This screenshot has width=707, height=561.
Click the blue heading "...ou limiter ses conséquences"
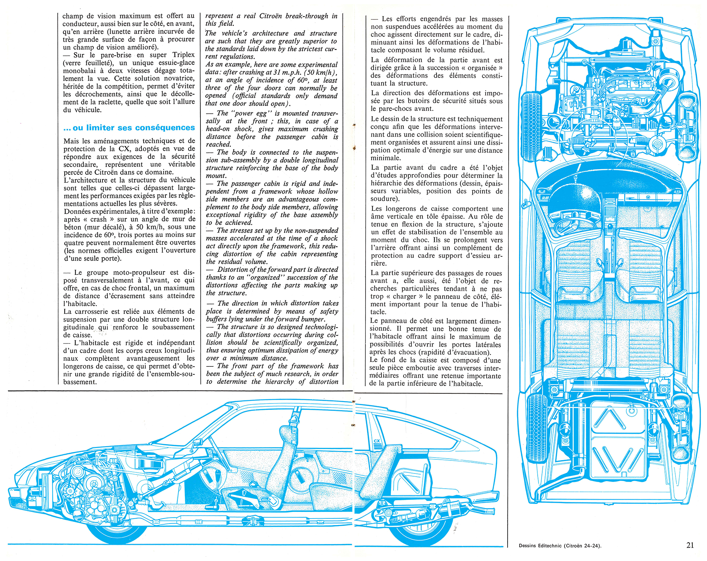[x=129, y=128]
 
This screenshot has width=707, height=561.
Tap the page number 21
[x=690, y=545]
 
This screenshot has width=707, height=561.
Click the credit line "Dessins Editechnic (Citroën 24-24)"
[x=560, y=546]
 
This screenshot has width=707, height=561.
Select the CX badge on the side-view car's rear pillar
[x=376, y=441]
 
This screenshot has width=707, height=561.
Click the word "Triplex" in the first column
[x=183, y=55]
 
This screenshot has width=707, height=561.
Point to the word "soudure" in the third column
[x=385, y=199]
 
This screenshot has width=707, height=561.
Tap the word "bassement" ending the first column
[x=80, y=382]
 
